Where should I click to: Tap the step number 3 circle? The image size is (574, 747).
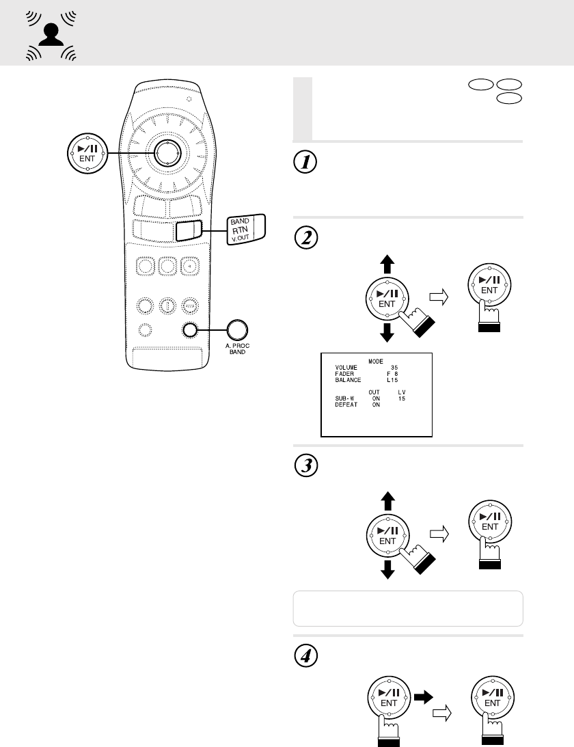tap(303, 467)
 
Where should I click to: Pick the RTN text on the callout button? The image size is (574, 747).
tap(238, 230)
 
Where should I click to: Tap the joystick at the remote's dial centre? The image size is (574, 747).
tap(165, 152)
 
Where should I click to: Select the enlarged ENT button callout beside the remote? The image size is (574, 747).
tap(86, 153)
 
